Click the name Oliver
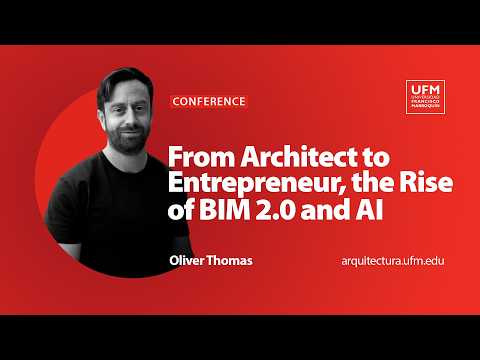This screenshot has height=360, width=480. [x=190, y=260]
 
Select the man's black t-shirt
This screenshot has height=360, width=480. [x=110, y=220]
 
